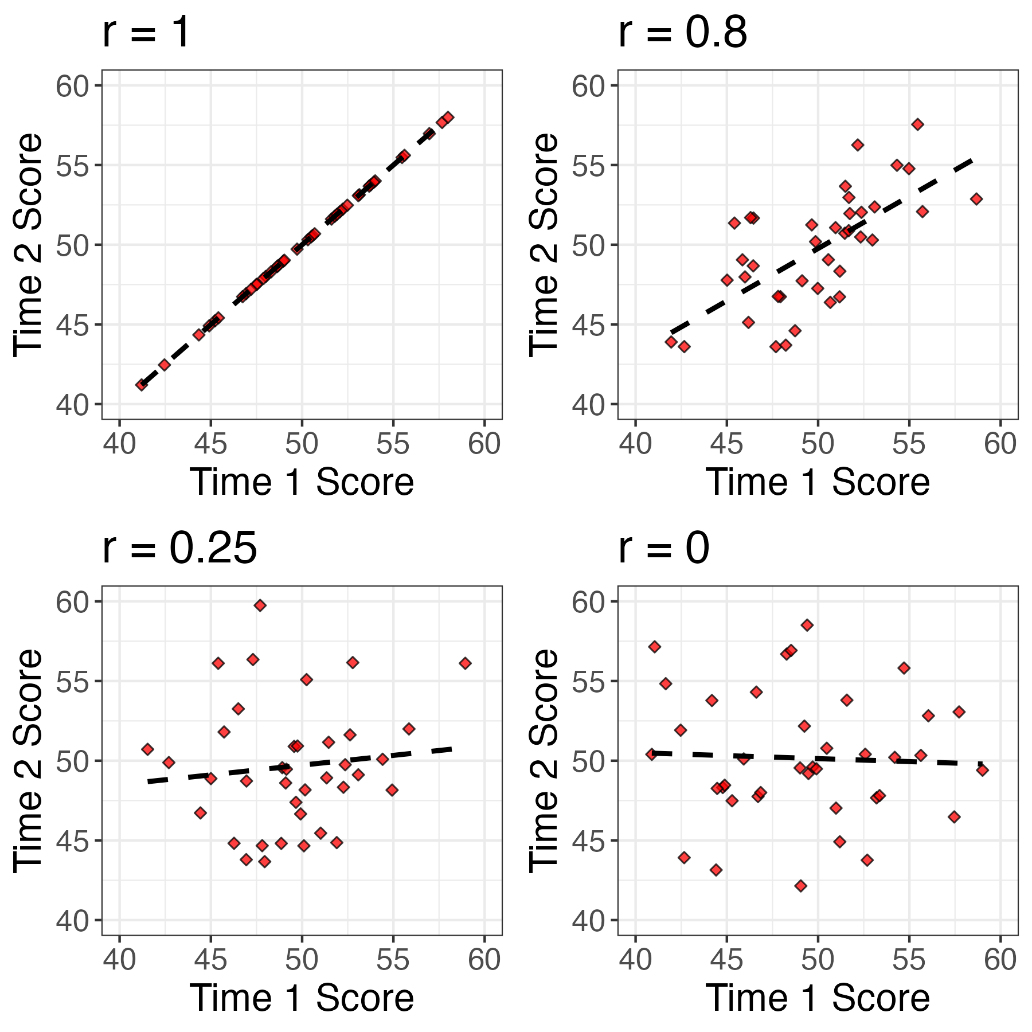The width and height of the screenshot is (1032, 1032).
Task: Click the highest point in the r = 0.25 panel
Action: (260, 605)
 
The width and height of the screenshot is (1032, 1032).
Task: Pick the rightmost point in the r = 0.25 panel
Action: (465, 663)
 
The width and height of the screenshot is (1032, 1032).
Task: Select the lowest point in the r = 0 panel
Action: (801, 886)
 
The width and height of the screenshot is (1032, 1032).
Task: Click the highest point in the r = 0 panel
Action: (807, 625)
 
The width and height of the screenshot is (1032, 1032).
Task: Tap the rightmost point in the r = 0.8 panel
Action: (976, 199)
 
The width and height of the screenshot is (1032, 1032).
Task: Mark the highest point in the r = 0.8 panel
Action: (918, 124)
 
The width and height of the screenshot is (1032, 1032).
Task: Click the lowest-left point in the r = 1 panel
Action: (141, 385)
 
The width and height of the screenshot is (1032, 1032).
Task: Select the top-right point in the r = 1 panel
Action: (448, 117)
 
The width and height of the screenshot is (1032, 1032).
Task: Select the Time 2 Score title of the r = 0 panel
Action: (543, 760)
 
